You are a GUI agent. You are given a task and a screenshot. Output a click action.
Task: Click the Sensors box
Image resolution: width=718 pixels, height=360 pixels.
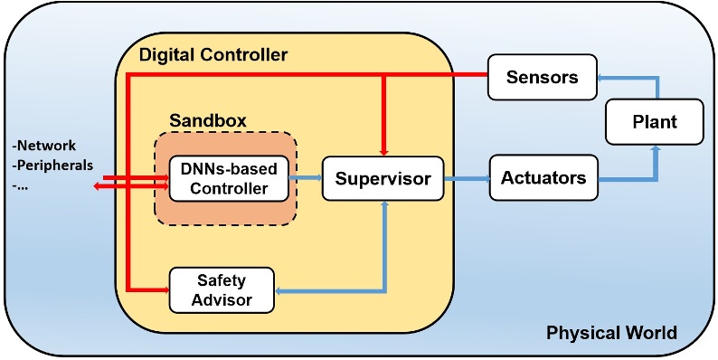[542, 77]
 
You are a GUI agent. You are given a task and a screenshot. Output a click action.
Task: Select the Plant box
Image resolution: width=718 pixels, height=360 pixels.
[653, 120]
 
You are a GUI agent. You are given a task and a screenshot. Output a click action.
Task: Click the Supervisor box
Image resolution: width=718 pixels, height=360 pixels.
[383, 178]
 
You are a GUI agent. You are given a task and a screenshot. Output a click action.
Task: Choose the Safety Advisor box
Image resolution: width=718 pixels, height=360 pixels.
[222, 289]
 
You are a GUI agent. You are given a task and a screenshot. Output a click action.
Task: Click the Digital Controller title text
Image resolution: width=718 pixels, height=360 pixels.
[213, 55]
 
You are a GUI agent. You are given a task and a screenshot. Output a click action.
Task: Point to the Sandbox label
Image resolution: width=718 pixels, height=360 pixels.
[208, 120]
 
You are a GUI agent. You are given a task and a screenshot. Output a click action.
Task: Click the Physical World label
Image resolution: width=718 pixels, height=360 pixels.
[611, 333]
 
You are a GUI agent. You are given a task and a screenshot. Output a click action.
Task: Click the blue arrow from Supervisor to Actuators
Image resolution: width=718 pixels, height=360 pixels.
[465, 178]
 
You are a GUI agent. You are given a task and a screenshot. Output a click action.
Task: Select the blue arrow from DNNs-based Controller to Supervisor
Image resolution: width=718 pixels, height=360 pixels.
[306, 178]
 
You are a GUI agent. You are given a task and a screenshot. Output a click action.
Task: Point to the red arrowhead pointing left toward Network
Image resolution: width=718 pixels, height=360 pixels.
[97, 187]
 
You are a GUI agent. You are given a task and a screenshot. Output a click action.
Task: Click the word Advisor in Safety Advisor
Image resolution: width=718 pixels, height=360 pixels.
[222, 299]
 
